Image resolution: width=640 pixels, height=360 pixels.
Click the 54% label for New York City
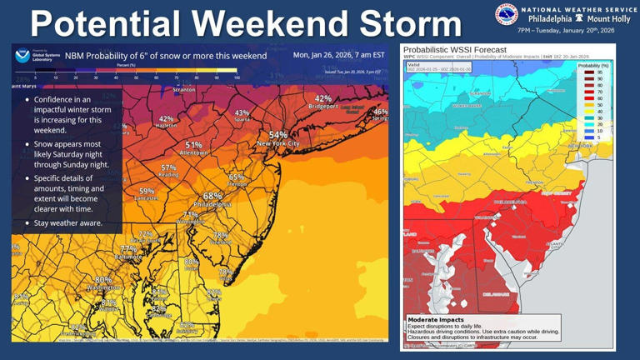pyautogui.click(x=277, y=134)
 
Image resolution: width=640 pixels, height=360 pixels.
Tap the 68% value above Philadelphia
pyautogui.click(x=212, y=196)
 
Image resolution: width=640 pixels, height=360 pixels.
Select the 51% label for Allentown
pyautogui.click(x=193, y=145)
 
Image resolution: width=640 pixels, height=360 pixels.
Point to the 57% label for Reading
pyautogui.click(x=168, y=167)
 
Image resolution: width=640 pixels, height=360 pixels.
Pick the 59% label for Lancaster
pyautogui.click(x=147, y=191)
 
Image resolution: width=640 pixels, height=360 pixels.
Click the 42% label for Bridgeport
pyautogui.click(x=322, y=98)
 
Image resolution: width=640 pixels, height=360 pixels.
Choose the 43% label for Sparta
pyautogui.click(x=242, y=112)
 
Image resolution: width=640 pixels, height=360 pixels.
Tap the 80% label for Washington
pyautogui.click(x=103, y=280)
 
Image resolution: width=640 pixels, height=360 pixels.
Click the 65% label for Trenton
pyautogui.click(x=237, y=177)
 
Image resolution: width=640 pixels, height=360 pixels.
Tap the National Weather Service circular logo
pyautogui.click(x=506, y=15)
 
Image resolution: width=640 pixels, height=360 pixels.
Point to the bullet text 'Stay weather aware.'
pyautogui.click(x=68, y=222)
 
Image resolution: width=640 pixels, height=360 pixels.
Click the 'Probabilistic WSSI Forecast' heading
pyautogui.click(x=454, y=49)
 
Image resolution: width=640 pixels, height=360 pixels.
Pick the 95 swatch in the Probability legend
pyautogui.click(x=588, y=72)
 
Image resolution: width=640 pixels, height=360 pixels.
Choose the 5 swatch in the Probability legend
pyautogui.click(x=588, y=137)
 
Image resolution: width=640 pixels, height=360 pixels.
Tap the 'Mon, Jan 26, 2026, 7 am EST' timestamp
pyautogui.click(x=339, y=55)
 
